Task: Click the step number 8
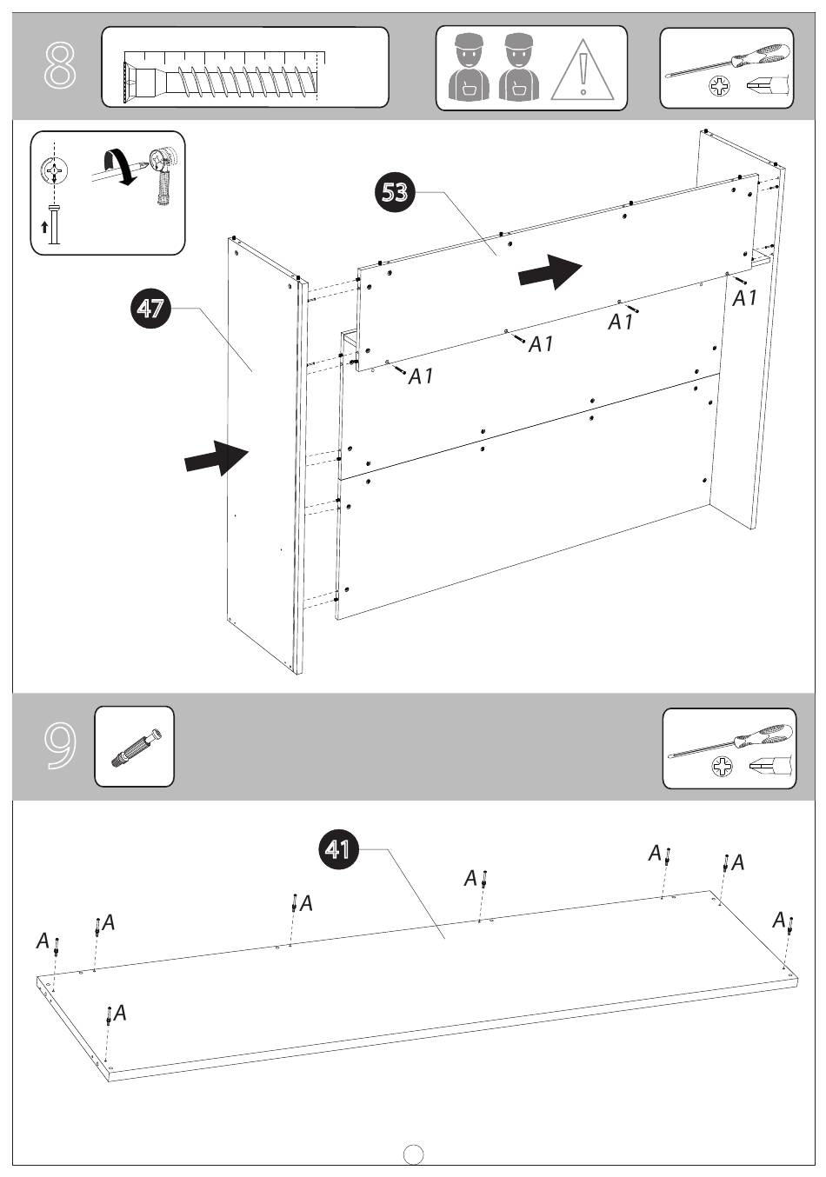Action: (x=60, y=66)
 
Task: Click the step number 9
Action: (x=60, y=746)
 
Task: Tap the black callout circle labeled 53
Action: (x=395, y=192)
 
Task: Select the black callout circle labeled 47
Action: (x=150, y=308)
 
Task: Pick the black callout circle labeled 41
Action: (x=339, y=848)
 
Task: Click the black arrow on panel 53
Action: (x=550, y=272)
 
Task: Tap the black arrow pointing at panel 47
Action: (x=216, y=457)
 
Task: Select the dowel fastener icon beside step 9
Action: (x=137, y=748)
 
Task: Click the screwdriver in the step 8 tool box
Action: (x=727, y=61)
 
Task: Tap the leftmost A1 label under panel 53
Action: (x=421, y=376)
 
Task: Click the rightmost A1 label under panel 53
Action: (x=745, y=298)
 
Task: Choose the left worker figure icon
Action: (x=469, y=67)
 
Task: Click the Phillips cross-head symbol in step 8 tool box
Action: (x=719, y=86)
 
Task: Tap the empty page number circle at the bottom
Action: (x=414, y=1154)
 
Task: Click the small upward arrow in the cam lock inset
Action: (x=44, y=227)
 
